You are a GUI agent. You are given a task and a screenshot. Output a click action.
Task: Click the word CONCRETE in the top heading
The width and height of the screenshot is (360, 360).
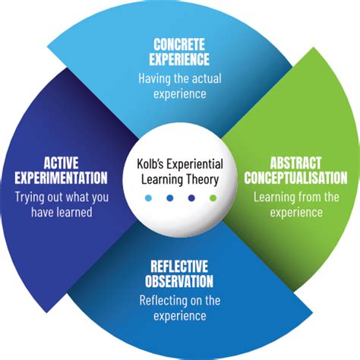pos(179,45)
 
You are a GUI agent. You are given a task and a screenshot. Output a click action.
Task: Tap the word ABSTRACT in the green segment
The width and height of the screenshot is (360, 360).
pos(295,163)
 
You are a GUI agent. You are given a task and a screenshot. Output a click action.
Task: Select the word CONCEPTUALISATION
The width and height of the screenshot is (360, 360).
pos(295,178)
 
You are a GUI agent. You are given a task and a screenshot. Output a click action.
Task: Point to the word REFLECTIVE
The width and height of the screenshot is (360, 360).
pos(179,267)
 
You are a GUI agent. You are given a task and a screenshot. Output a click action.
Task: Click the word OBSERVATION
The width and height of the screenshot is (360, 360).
pos(179,281)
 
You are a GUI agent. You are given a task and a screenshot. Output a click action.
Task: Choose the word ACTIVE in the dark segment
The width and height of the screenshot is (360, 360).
pos(61,163)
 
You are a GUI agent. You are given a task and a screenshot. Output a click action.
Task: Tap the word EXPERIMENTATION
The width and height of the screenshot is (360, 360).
pos(61,178)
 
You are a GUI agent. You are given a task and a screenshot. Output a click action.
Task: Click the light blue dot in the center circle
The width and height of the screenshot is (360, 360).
pos(149,198)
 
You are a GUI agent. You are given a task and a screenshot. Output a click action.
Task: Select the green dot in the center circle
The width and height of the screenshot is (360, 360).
pos(213,198)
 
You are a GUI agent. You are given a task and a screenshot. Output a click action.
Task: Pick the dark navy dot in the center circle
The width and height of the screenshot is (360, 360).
pos(191,198)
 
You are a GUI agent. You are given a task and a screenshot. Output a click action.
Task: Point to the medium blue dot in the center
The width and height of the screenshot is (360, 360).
pos(170,198)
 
